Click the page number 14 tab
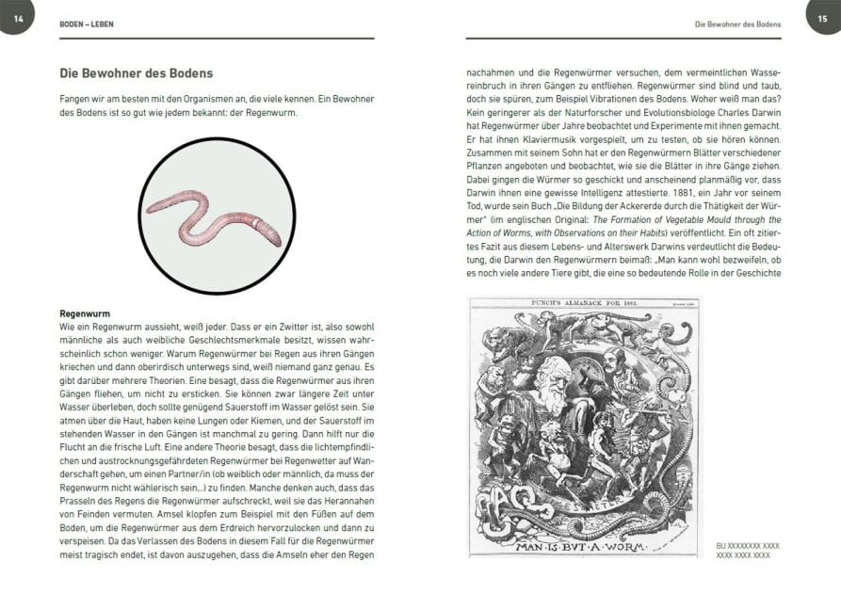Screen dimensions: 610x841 (16, 18)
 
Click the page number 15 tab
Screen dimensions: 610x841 (823, 18)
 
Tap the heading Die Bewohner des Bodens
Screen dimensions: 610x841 (136, 72)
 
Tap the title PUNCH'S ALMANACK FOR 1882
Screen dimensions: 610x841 (584, 302)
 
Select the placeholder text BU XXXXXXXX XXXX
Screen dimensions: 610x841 (748, 545)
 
